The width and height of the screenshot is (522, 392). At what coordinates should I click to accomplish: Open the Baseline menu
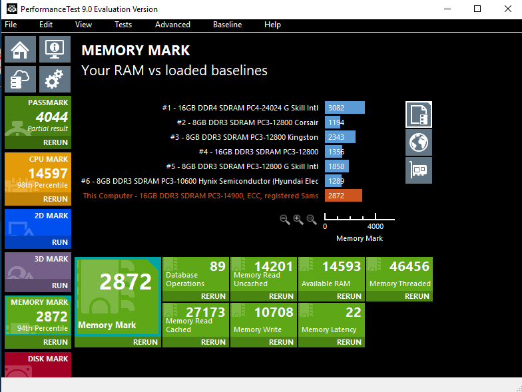tap(227, 25)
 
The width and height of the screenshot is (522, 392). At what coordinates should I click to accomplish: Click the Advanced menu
tap(172, 25)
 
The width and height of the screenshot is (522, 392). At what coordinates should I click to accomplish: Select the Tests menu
tap(123, 25)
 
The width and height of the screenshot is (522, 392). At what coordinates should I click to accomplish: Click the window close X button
tap(506, 9)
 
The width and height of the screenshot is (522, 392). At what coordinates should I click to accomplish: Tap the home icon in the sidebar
tap(21, 49)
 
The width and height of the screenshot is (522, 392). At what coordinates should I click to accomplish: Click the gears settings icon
tap(55, 79)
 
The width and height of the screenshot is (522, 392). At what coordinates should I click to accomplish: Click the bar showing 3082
tap(345, 108)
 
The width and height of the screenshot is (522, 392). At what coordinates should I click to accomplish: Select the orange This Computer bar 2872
tap(344, 196)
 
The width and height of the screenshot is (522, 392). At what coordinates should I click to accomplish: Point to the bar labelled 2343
tap(340, 137)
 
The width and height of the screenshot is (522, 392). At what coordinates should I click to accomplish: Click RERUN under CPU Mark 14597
tap(55, 199)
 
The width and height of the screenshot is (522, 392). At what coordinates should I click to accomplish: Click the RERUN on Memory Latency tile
tap(349, 342)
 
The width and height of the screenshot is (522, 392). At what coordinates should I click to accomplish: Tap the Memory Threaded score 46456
tap(409, 267)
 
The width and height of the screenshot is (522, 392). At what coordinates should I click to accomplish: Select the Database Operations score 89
tap(218, 267)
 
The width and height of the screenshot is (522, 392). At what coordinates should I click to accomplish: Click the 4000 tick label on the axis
tap(375, 226)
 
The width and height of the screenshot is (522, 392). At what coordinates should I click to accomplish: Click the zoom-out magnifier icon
tap(285, 220)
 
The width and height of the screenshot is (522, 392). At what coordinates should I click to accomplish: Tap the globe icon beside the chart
tap(419, 142)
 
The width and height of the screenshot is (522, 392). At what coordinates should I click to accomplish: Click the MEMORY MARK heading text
tap(135, 51)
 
